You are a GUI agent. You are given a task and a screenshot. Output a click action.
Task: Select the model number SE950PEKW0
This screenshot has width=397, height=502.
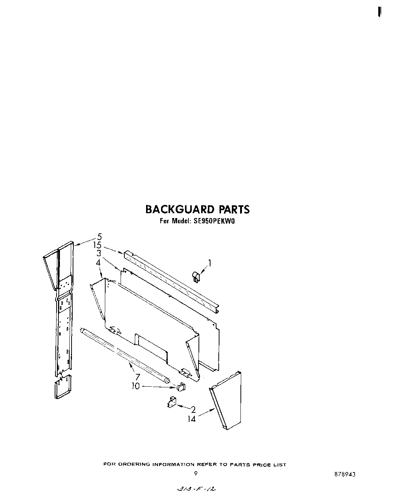tap(213, 221)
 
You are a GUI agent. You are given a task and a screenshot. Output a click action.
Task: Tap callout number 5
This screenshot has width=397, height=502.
tap(99, 236)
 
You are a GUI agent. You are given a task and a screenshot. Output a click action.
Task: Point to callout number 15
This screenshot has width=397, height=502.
tap(97, 245)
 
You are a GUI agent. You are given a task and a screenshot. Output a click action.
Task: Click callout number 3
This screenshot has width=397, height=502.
tap(99, 253)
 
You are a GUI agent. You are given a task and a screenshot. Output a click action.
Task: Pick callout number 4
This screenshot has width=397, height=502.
tap(98, 263)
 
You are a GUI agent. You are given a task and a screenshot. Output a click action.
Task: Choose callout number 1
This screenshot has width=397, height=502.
tap(210, 263)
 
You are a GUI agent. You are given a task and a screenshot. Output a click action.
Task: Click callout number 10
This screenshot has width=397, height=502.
tap(136, 386)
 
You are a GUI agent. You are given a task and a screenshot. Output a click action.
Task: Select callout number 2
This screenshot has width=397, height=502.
tap(193, 409)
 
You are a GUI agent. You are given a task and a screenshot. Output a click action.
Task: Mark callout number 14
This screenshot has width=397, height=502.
tap(192, 419)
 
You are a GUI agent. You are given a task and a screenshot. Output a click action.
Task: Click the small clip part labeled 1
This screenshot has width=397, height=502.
tap(195, 277)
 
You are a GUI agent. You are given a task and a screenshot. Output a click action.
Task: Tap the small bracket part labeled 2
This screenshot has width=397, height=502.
tap(172, 402)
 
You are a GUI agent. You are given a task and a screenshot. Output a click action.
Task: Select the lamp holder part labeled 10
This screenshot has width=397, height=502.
tap(181, 387)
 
